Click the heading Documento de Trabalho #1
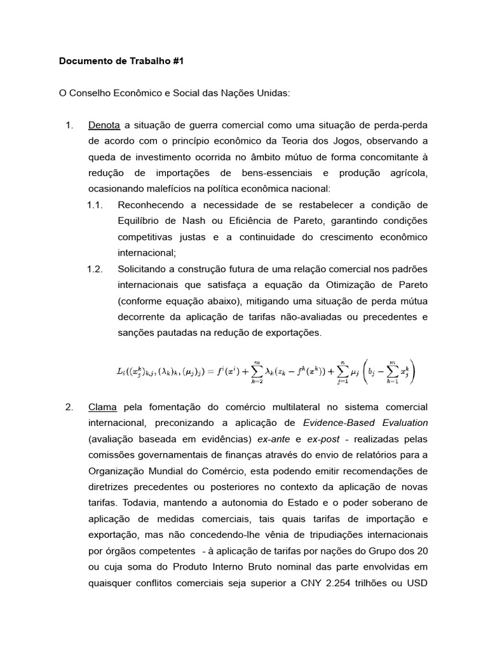[x=121, y=62]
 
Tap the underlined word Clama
[x=102, y=406]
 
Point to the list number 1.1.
[x=95, y=205]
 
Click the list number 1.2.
[x=95, y=269]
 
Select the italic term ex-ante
[x=274, y=439]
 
